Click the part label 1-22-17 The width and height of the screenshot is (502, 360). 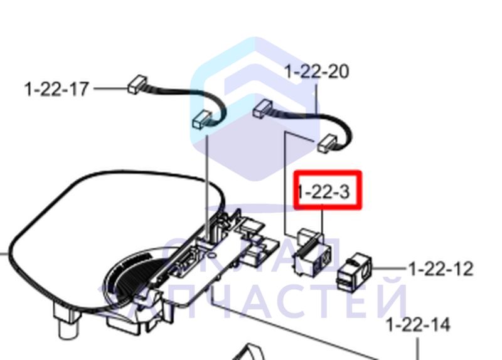[x=56, y=89]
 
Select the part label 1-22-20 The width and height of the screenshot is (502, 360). [x=316, y=71]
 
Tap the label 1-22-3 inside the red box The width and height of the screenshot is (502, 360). [x=323, y=192]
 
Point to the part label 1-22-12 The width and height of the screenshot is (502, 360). [x=441, y=269]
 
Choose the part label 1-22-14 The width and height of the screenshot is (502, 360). [x=418, y=324]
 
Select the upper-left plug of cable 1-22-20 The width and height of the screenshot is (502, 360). [x=262, y=108]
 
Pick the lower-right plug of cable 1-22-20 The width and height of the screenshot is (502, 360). [x=327, y=144]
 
